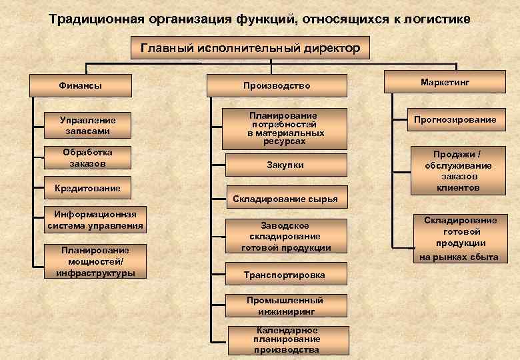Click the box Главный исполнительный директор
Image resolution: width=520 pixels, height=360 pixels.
(x=250, y=48)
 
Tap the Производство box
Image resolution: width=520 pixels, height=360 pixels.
(x=277, y=85)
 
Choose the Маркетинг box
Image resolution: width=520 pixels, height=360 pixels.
(x=445, y=82)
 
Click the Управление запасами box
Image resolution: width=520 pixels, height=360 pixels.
(x=87, y=125)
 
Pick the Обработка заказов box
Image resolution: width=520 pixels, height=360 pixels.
(x=87, y=158)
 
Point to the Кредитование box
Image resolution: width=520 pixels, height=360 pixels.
(x=87, y=188)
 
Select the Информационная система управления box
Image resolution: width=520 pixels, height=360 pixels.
(x=95, y=219)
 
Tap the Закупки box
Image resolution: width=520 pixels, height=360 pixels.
(x=285, y=165)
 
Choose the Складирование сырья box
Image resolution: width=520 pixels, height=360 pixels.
(x=285, y=198)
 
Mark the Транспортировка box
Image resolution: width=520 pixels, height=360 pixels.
(x=285, y=275)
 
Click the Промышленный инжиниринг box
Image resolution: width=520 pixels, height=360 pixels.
(x=285, y=305)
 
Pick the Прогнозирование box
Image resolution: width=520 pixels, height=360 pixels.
(x=455, y=119)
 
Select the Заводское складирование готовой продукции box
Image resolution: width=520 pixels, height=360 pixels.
(x=285, y=236)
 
